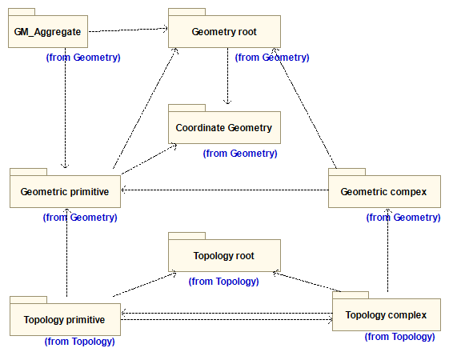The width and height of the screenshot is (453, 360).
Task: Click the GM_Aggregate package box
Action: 48,31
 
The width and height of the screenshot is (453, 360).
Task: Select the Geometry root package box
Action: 224,31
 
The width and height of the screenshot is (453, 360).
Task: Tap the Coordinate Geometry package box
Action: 224,127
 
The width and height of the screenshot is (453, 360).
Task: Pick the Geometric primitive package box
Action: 65,191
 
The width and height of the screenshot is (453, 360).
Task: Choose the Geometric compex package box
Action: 384,191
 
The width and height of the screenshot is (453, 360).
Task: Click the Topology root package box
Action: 224,255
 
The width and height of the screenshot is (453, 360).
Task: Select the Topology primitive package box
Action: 65,319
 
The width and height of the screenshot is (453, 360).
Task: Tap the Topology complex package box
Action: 387,314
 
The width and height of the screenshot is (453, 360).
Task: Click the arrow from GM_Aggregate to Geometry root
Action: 128,30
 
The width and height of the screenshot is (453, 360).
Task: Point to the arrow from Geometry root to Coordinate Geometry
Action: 227,76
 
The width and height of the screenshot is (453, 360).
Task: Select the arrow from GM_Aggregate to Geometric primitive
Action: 66,108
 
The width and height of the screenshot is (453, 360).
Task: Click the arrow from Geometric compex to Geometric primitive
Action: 225,190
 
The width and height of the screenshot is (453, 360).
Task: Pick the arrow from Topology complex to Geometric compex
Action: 387,250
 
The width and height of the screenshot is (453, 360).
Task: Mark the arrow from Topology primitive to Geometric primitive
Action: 67,252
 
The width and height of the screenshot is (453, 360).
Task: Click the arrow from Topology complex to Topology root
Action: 307,282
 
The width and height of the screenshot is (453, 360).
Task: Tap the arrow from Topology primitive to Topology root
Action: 144,284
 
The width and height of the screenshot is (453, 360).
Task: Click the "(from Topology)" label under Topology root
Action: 224,281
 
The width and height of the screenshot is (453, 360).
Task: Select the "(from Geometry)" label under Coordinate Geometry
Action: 240,154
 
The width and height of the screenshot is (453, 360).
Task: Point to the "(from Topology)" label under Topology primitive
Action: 80,342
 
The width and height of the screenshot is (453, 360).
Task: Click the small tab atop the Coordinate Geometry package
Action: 187,108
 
